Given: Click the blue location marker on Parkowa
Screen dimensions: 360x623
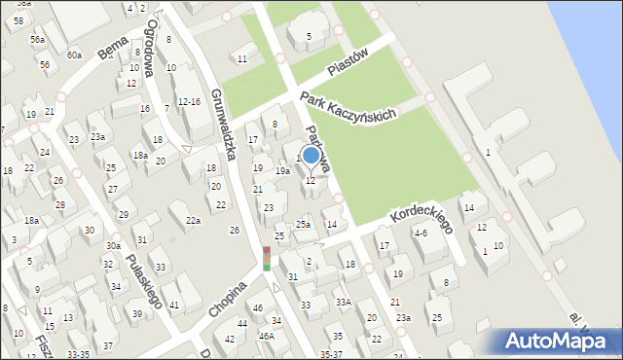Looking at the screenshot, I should click(311, 155).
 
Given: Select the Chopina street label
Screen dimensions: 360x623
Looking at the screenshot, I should click(229, 296).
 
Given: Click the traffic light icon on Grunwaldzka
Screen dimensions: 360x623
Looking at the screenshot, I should click(267, 258).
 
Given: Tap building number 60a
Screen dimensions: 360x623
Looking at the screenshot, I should click(74, 55).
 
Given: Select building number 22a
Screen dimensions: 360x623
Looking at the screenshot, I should click(194, 221).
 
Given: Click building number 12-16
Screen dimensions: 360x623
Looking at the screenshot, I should click(189, 101).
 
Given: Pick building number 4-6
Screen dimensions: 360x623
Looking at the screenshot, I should click(421, 234).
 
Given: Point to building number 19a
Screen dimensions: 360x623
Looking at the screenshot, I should click(282, 171).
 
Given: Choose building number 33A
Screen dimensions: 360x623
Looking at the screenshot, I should click(343, 303).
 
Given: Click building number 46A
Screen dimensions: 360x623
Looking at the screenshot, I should click(266, 336).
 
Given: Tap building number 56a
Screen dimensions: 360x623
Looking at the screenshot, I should click(37, 39).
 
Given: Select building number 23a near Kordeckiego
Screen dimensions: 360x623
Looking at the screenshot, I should click(403, 318).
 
